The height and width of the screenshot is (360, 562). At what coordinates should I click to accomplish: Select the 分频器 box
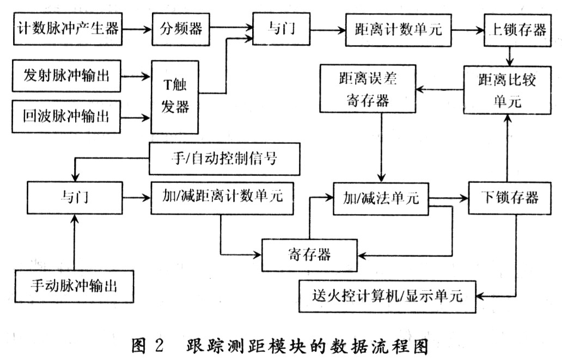tap(181, 28)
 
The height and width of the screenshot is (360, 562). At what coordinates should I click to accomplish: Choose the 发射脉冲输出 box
tap(67, 75)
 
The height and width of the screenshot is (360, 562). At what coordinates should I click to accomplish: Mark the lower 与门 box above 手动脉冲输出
tap(77, 197)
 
